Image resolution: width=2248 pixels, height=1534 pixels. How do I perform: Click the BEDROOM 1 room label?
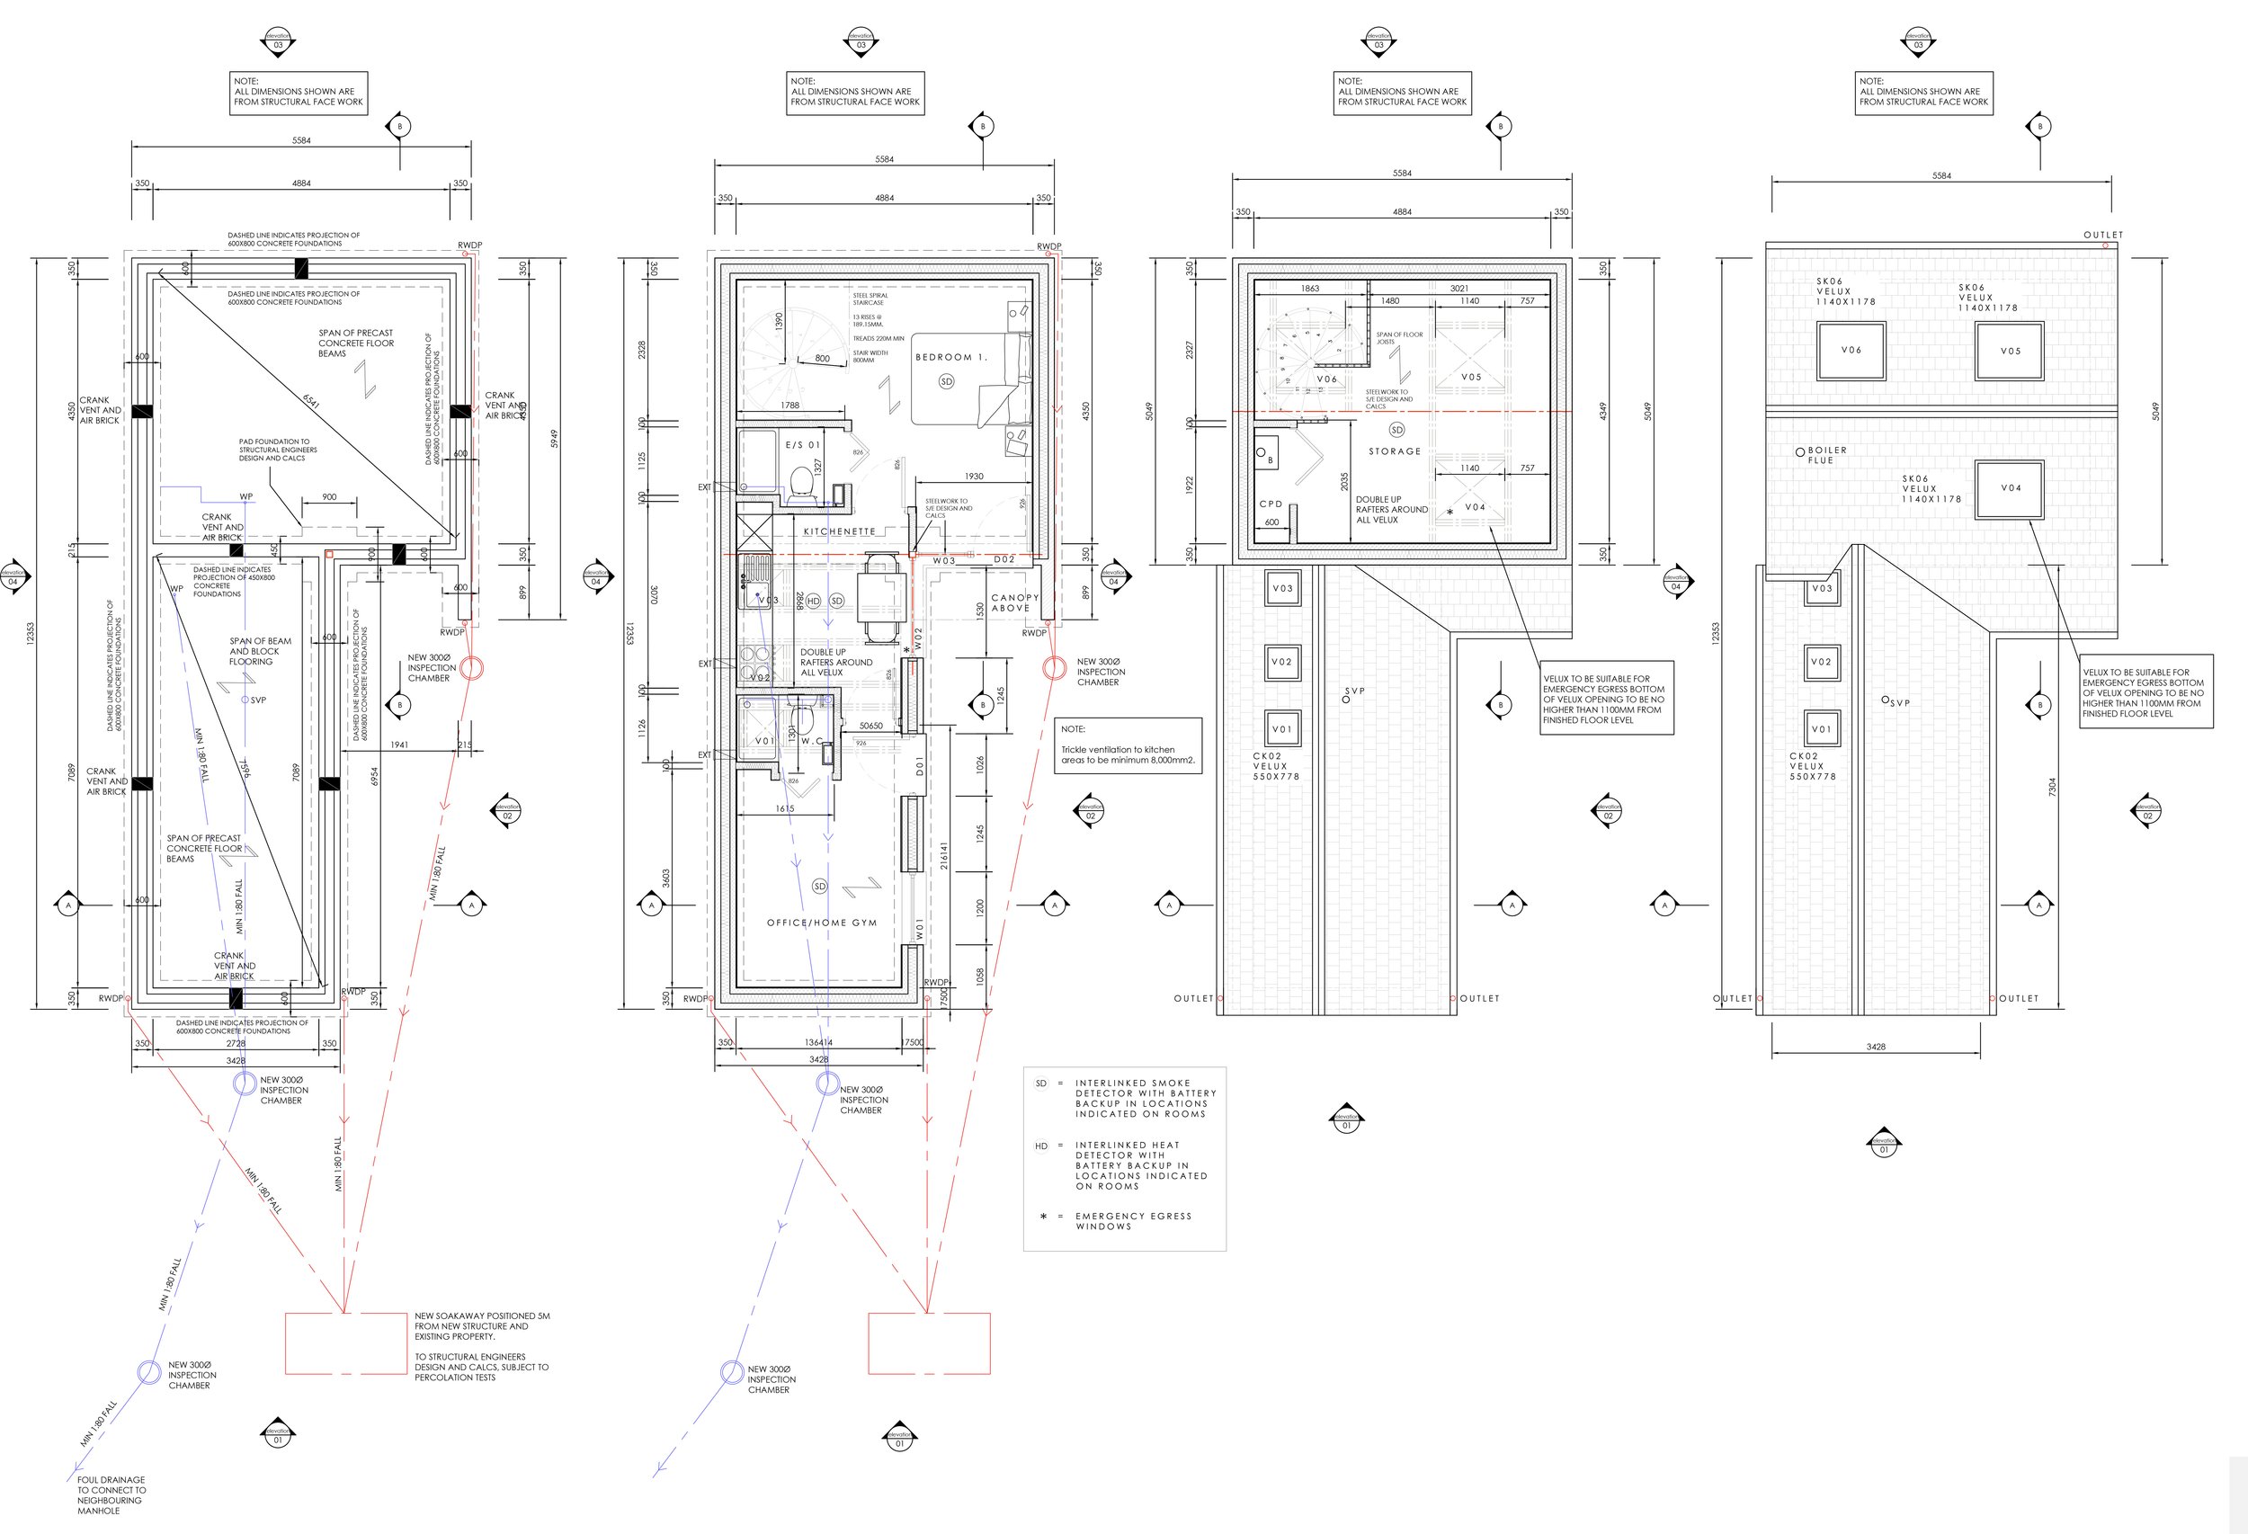(950, 357)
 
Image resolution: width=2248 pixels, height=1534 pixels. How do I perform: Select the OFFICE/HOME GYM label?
(821, 923)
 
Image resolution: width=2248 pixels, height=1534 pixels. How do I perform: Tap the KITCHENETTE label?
(839, 531)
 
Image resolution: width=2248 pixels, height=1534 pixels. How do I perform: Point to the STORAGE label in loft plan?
(1394, 451)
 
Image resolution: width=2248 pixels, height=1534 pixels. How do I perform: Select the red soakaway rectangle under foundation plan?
(345, 1343)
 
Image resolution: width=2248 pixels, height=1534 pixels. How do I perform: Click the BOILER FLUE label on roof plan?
(1826, 455)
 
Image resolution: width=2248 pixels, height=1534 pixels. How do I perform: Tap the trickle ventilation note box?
(1127, 745)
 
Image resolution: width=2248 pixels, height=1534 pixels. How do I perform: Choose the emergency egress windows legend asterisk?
(1043, 1217)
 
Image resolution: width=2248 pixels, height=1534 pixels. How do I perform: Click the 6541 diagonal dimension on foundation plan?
(311, 399)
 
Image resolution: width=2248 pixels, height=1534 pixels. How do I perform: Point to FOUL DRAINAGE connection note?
(112, 1494)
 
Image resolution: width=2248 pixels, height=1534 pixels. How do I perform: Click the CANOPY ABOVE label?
(1013, 602)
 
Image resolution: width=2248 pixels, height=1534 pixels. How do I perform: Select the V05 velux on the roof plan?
(2010, 351)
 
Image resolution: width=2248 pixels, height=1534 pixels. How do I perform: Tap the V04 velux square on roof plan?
(2010, 488)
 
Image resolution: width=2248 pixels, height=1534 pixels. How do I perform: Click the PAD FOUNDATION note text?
(277, 450)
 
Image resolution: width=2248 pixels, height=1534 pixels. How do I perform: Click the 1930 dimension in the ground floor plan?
(973, 476)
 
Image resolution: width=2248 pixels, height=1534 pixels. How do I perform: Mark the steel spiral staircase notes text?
(876, 328)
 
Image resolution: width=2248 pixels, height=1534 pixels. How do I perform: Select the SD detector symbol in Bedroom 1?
(946, 381)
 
